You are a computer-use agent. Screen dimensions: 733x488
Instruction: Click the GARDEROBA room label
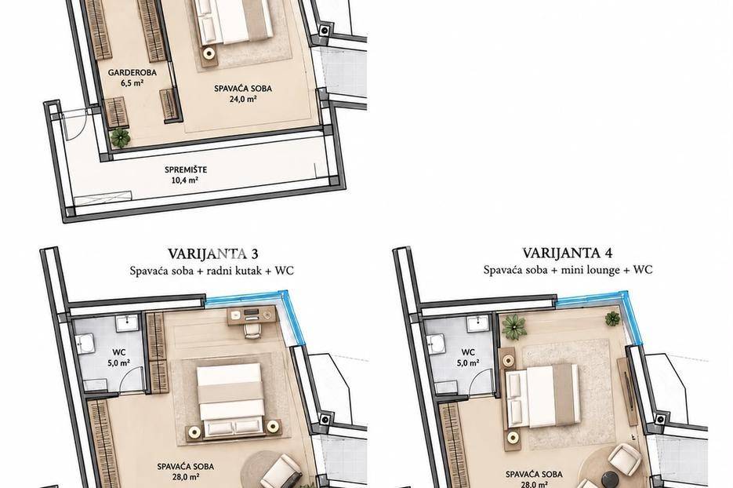click(x=132, y=72)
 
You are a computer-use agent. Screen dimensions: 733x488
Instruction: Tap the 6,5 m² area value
click(x=132, y=83)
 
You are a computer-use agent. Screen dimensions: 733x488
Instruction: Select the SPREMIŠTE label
click(x=186, y=169)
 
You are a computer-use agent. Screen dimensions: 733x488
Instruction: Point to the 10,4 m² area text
click(x=186, y=180)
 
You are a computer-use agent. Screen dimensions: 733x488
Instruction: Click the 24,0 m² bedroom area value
click(x=243, y=99)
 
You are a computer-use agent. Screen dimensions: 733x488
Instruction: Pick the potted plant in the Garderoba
click(x=120, y=137)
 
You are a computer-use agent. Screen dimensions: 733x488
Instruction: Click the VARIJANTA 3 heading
click(x=212, y=253)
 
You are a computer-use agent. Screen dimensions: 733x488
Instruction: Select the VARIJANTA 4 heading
click(x=567, y=253)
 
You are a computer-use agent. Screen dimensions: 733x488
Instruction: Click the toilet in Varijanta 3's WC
click(x=85, y=344)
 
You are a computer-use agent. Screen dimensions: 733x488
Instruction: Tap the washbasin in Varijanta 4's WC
click(x=477, y=322)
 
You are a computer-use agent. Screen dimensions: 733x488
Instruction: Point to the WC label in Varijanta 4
click(x=468, y=351)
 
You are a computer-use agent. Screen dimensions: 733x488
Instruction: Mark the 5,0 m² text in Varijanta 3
click(x=118, y=362)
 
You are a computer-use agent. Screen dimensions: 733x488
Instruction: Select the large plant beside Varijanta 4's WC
click(x=514, y=326)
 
